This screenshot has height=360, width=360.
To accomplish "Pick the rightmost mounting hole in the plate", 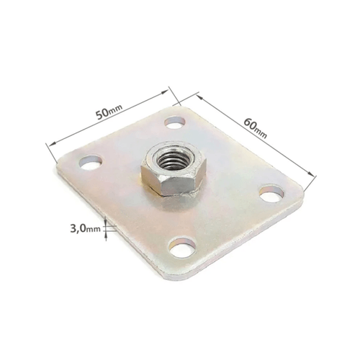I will pos(271,193).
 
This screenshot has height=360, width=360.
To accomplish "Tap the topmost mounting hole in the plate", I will pos(175,122).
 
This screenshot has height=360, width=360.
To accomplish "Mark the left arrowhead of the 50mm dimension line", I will pos(48,144).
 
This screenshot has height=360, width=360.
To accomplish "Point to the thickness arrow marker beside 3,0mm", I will pos(107,229).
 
